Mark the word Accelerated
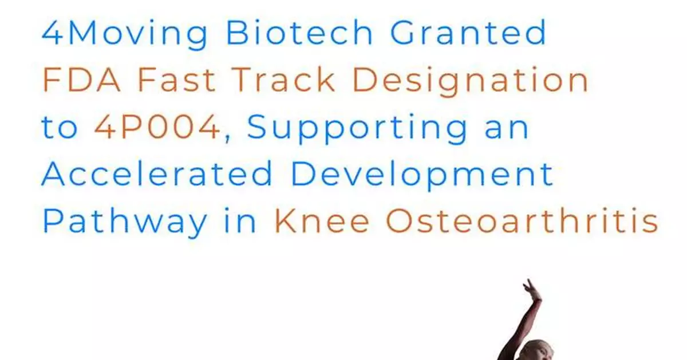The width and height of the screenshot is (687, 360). coord(157,175)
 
